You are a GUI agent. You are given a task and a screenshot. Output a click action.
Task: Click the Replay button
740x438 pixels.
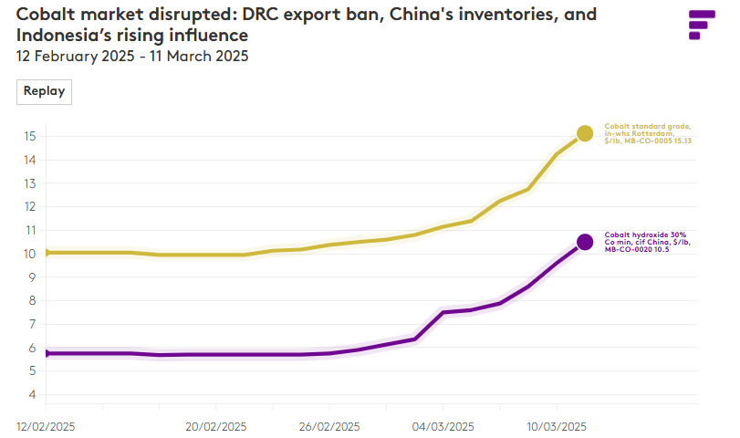[44, 91]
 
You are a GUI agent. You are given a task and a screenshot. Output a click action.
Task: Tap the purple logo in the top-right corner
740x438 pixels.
[701, 25]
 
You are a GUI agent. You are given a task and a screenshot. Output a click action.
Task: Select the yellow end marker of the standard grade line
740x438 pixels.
[585, 133]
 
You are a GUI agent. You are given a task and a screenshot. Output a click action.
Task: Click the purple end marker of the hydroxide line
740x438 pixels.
[585, 242]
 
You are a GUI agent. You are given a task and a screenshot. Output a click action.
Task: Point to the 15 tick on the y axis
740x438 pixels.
[30, 136]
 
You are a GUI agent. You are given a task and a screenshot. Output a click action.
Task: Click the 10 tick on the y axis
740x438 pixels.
[30, 254]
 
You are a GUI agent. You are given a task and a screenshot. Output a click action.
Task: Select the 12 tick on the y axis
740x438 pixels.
[30, 207]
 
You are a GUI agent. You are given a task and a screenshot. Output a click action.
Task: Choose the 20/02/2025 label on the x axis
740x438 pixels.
[216, 426]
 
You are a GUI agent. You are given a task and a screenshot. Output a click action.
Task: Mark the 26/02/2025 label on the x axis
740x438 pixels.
[329, 426]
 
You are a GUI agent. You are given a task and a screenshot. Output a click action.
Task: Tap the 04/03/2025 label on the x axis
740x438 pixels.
[443, 426]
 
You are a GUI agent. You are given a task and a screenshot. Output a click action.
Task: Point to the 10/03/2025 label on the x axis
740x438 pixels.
[557, 426]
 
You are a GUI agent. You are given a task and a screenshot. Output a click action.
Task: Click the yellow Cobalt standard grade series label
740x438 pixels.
[648, 133]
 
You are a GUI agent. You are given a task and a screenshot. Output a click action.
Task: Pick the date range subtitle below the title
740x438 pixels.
[132, 56]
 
